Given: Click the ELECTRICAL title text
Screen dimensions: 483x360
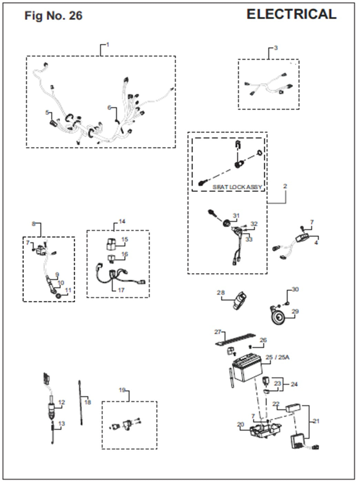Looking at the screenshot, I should [x=291, y=14].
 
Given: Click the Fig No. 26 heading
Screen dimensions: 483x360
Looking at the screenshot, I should [x=53, y=16].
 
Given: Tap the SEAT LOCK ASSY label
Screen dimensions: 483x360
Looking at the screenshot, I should [x=237, y=187].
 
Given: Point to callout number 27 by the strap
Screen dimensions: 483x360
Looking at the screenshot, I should [x=218, y=332].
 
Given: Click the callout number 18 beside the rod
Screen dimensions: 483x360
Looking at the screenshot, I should [x=88, y=402].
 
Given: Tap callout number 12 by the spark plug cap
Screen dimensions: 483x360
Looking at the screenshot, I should [x=62, y=402].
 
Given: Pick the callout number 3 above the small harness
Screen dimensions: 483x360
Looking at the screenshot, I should [x=276, y=48].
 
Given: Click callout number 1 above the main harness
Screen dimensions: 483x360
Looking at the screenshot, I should [x=107, y=45].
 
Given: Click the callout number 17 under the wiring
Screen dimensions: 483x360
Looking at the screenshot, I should [x=121, y=290].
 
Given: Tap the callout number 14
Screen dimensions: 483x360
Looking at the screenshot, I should [x=122, y=221].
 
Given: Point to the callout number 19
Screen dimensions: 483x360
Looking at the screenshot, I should [x=122, y=390].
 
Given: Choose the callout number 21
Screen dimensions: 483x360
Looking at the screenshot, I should [x=316, y=421].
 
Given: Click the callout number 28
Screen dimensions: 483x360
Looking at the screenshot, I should [x=220, y=293].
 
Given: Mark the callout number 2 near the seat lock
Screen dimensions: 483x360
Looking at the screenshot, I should [x=285, y=186].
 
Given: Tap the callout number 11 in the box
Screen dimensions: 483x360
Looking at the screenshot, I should [x=68, y=290].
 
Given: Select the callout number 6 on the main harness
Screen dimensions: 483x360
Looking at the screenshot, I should [x=110, y=108].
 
